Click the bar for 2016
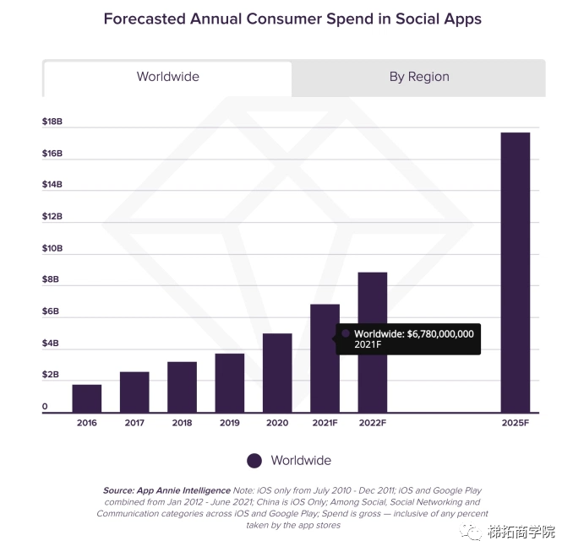[x=86, y=398]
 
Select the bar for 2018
[x=182, y=387]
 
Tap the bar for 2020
[x=277, y=372]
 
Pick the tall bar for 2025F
[x=515, y=272]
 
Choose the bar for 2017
[x=134, y=392]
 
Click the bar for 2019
[x=229, y=382]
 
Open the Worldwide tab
[x=167, y=77]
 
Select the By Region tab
[x=418, y=77]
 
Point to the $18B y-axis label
[x=52, y=122]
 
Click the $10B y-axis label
[x=52, y=248]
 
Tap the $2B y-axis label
[x=52, y=374]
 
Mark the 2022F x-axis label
[x=372, y=423]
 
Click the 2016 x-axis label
[x=86, y=423]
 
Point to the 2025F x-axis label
[x=515, y=423]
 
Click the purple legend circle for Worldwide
[x=254, y=461]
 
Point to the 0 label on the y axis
[x=45, y=407]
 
